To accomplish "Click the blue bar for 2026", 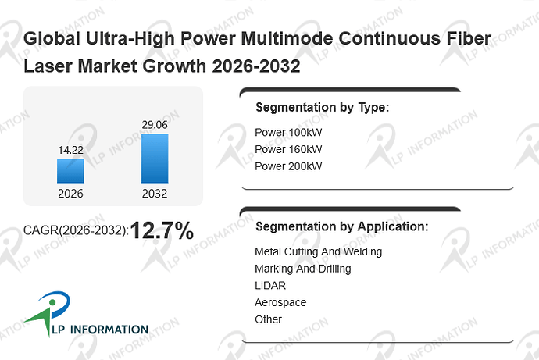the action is coord(70,171).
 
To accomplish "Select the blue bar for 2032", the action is coord(155,159).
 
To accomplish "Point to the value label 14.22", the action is coord(70,150).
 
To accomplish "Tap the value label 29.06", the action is coord(155,125).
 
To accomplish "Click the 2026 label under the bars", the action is coord(70,194).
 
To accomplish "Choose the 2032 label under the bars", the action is coord(155,194).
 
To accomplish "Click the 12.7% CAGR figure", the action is coord(162,230).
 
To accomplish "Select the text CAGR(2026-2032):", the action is coord(76,230).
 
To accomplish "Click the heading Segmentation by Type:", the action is coord(322,108).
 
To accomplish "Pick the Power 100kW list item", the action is coord(288,132).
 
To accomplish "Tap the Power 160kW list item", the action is coord(288,149).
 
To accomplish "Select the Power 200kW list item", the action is coord(288,166).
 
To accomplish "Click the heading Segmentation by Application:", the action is coord(342,226).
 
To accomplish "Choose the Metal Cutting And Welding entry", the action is coord(318,251).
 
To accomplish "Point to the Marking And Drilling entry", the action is coord(303,269).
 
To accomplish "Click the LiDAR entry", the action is coord(270,286).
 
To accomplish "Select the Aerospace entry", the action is coord(280,303).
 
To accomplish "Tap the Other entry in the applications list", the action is coord(268,319).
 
